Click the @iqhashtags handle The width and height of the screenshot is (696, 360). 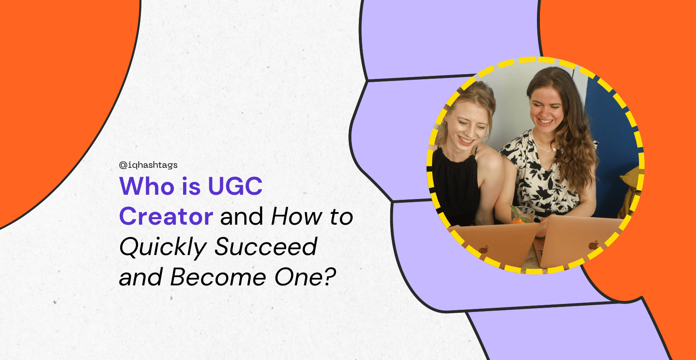click(x=148, y=165)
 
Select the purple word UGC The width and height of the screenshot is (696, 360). click(x=235, y=186)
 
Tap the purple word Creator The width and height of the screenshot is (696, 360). click(x=166, y=216)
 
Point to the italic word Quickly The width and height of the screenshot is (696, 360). click(x=163, y=247)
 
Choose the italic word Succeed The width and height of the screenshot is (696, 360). click(x=266, y=247)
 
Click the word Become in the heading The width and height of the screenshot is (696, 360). click(x=218, y=277)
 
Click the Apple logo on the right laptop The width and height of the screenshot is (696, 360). click(x=594, y=245)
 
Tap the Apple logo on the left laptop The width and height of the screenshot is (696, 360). click(x=484, y=249)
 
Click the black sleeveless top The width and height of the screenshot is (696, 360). click(x=456, y=186)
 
